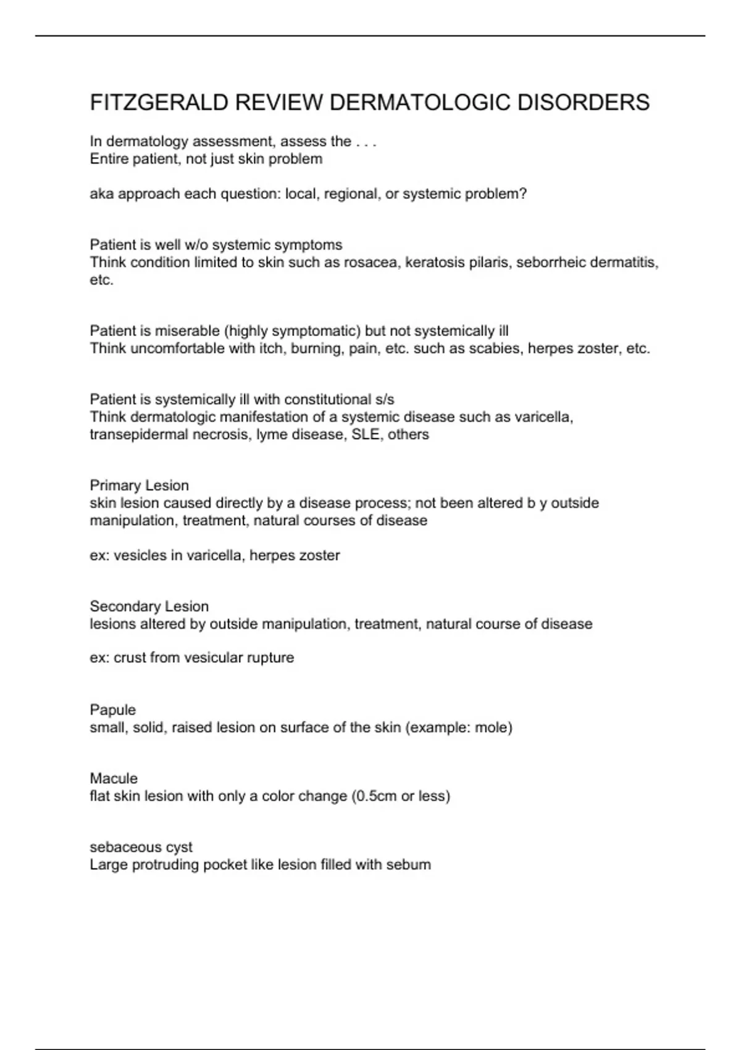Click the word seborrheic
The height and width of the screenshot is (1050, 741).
coord(550,262)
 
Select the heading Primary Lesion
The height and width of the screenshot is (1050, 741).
coord(139,485)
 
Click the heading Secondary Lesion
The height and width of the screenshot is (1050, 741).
coord(149,606)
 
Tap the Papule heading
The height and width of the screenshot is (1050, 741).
coord(112,710)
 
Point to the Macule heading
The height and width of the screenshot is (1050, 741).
coord(114,778)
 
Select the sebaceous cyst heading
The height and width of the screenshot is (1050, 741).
coord(141,847)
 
